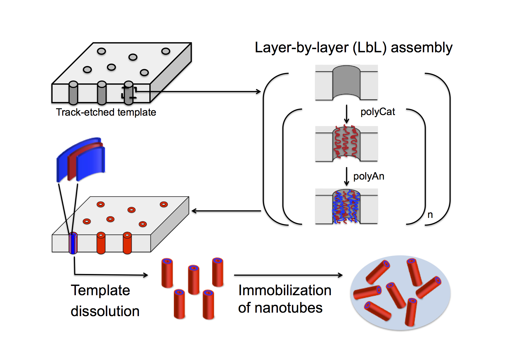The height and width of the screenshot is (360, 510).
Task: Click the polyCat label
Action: pos(377,112)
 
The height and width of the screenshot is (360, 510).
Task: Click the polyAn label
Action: pos(369,176)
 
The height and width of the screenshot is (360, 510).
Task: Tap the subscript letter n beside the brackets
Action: pos(430,215)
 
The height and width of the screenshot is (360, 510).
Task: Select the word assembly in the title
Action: pos(421,48)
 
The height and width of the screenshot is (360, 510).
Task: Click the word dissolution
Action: pos(105,311)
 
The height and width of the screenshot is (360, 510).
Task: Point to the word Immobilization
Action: pos(285,290)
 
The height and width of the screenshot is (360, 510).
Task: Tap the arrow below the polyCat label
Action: pos(346,114)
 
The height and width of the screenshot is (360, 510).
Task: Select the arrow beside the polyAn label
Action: pos(346,176)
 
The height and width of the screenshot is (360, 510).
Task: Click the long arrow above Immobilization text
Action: pos(288,275)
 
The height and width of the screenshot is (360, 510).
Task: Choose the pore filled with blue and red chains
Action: pos(346,206)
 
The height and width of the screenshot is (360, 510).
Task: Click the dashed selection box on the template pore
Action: pos(129,92)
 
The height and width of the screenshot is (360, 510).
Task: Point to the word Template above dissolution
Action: pos(100,290)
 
